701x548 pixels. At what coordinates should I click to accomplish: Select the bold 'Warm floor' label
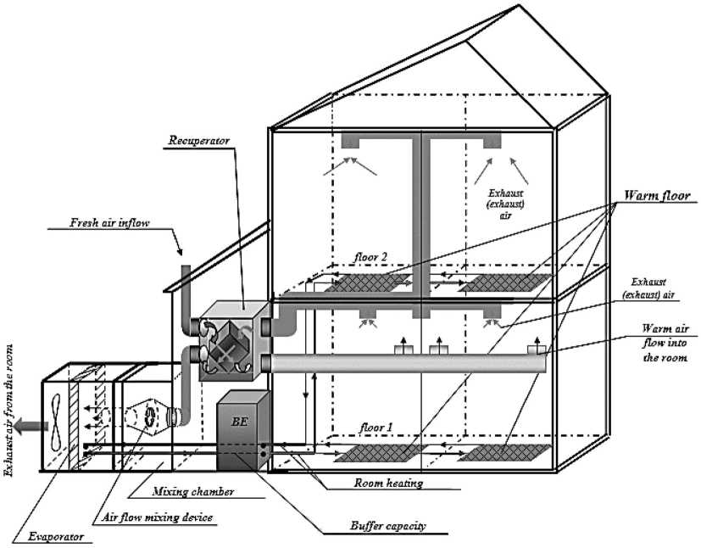(x=657, y=195)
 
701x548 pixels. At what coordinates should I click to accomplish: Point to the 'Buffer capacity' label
(x=388, y=526)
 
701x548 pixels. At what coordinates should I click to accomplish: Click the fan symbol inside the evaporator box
(x=57, y=421)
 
